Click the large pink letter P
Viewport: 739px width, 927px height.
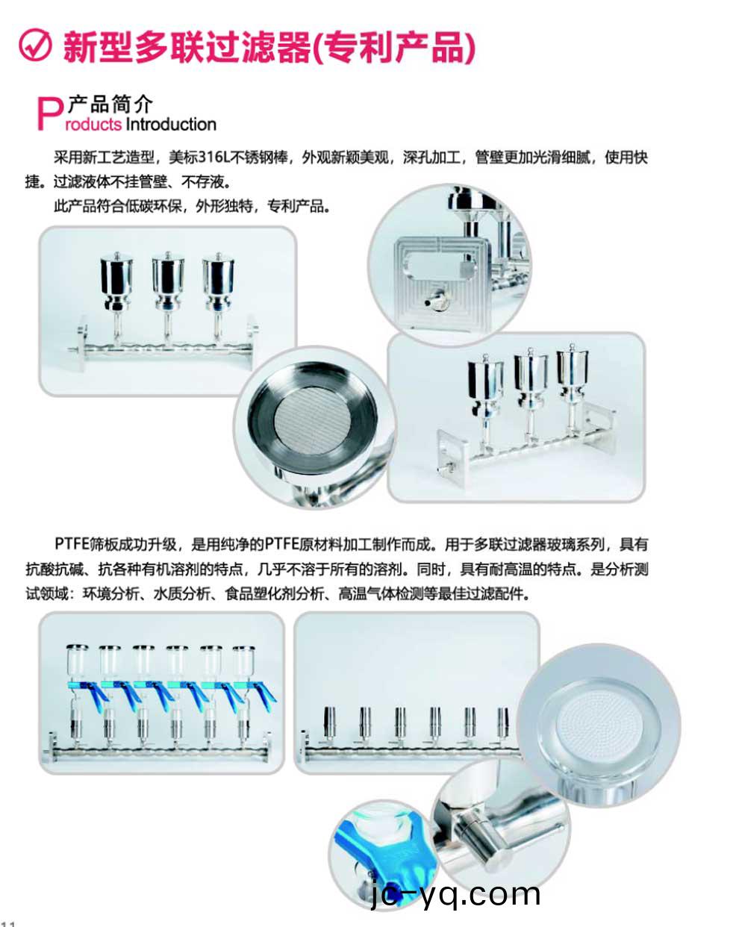[49, 114]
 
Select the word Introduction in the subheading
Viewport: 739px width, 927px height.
[171, 125]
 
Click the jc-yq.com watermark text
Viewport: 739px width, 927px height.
[455, 893]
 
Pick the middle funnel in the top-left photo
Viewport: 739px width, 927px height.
[167, 278]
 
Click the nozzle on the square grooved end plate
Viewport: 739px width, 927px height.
[433, 301]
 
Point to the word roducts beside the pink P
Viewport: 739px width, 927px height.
[94, 125]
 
